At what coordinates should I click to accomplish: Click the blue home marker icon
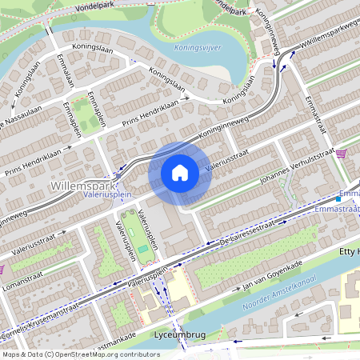(x=180, y=172)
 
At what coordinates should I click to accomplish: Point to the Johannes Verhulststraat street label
(x=294, y=166)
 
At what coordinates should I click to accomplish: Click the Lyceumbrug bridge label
(x=165, y=334)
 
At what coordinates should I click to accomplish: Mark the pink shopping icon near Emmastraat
(x=342, y=154)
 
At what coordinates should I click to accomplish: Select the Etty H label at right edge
(x=350, y=253)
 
